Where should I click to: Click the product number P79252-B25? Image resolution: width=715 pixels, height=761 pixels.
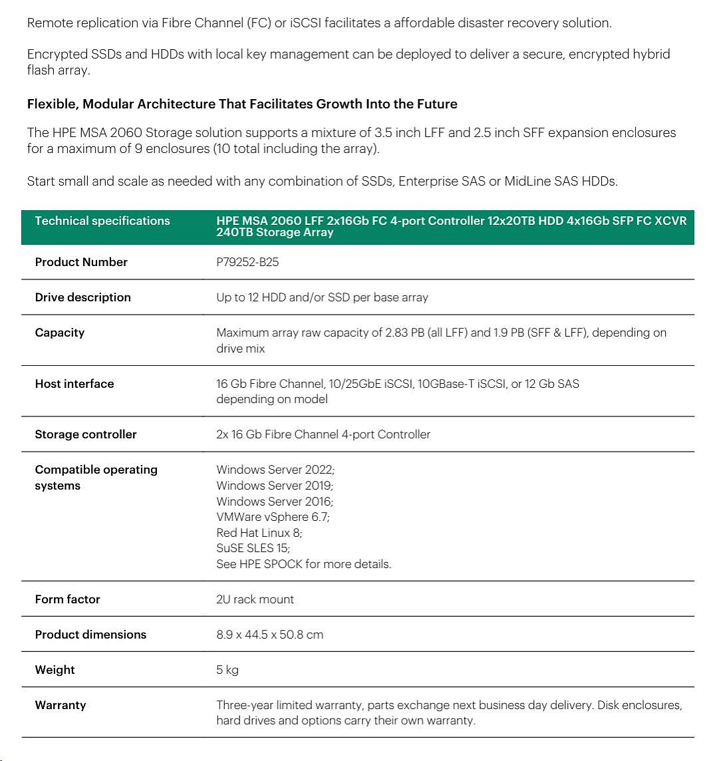(247, 262)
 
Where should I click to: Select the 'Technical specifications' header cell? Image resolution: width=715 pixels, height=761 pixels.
(102, 221)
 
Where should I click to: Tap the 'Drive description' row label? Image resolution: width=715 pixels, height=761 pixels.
(82, 297)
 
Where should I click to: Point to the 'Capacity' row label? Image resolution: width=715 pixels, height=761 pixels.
(60, 333)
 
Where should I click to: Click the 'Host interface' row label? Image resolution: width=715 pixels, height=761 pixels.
(74, 384)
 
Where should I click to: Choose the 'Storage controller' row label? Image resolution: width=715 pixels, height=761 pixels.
(86, 434)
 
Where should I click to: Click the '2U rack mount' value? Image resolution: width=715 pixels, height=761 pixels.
(255, 599)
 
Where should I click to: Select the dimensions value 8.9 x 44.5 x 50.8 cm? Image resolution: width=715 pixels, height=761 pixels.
(269, 635)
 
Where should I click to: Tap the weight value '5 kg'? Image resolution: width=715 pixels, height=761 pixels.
(227, 670)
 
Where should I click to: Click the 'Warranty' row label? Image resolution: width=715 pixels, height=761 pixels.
(61, 705)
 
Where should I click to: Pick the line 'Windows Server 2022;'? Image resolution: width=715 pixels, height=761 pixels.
(275, 470)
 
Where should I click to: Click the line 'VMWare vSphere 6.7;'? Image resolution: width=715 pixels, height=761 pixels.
(273, 517)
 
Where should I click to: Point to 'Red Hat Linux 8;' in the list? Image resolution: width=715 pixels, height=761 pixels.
(259, 533)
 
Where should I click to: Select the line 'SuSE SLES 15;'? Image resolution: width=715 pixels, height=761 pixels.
(253, 548)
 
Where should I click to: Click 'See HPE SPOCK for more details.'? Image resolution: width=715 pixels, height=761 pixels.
(304, 564)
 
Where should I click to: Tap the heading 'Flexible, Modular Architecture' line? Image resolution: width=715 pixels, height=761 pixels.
(242, 104)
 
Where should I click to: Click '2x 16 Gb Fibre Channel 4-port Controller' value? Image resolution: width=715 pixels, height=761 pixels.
(323, 434)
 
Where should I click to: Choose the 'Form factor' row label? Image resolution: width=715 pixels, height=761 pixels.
(67, 599)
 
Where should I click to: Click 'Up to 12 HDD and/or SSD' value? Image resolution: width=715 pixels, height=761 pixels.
(322, 297)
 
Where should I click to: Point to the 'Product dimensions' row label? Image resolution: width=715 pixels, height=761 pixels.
(90, 635)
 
